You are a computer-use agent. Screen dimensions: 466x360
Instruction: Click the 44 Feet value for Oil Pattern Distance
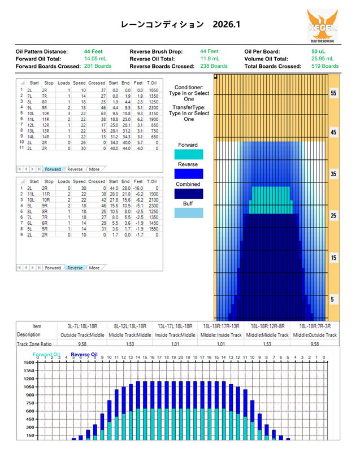(93, 51)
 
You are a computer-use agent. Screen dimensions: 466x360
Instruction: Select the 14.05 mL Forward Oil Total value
(96, 59)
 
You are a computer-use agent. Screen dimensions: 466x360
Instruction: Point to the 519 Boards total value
(325, 66)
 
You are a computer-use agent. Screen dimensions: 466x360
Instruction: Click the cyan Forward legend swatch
(188, 154)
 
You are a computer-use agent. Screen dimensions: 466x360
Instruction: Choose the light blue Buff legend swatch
(188, 214)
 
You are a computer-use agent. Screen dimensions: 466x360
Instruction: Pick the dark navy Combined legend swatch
(188, 194)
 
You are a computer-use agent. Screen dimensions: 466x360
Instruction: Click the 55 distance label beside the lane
(333, 93)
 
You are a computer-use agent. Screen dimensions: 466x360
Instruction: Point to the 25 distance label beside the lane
(333, 216)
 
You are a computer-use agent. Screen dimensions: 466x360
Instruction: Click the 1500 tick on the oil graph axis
(28, 363)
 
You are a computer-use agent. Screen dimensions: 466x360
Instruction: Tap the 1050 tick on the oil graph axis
(28, 386)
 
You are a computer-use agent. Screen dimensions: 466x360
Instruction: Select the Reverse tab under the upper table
(75, 169)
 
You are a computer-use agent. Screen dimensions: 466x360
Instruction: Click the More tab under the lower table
(94, 268)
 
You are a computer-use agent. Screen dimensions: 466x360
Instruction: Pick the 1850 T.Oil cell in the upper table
(151, 90)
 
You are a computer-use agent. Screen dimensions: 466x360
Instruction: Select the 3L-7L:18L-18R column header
(83, 326)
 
